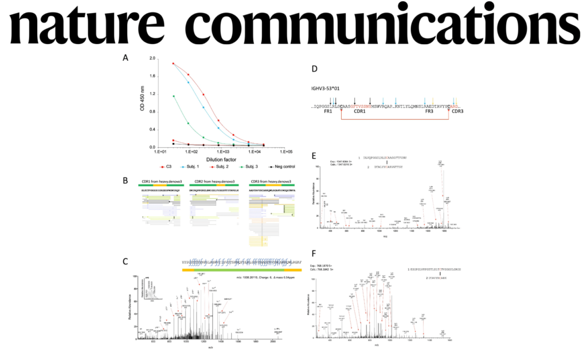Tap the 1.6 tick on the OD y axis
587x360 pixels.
click(x=152, y=76)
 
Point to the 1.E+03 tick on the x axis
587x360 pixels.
click(x=222, y=151)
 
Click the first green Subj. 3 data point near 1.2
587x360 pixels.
click(x=173, y=96)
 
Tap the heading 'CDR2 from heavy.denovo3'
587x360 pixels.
click(x=213, y=181)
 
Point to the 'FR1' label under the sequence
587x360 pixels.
click(x=328, y=112)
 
